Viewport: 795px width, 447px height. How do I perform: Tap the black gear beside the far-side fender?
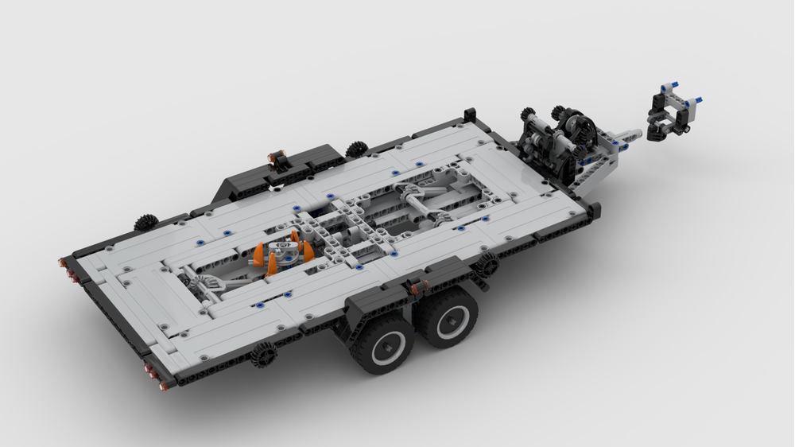[x=356, y=148]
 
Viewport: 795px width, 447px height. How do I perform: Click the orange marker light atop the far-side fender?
[x=277, y=158]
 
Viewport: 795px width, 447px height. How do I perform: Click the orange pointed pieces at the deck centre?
[x=284, y=250]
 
